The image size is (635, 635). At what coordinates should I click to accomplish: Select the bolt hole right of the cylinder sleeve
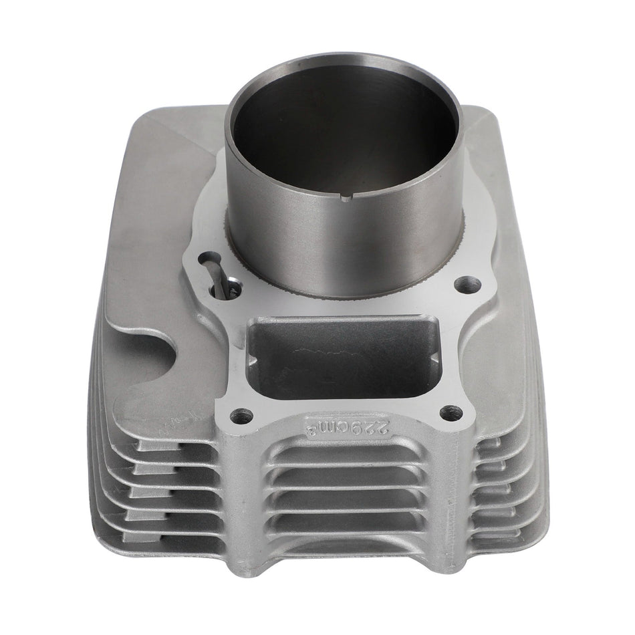click(462, 285)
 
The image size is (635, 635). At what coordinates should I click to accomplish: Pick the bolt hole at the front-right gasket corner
click(452, 414)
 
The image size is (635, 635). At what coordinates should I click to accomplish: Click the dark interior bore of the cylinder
click(341, 127)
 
